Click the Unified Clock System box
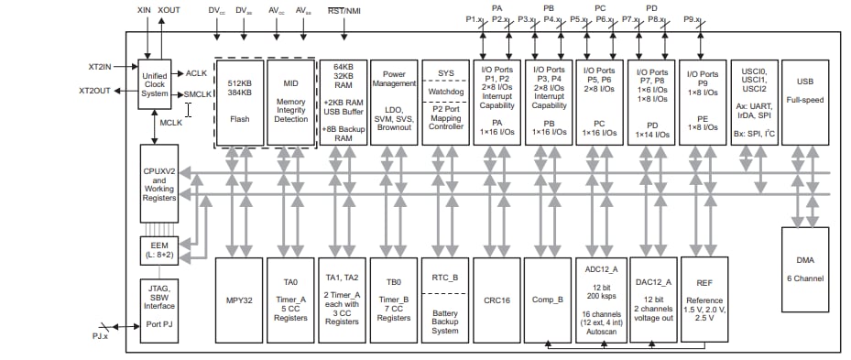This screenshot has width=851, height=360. pyautogui.click(x=156, y=83)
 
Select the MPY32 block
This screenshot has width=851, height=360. pyautogui.click(x=238, y=300)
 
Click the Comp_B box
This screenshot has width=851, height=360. pyautogui.click(x=548, y=300)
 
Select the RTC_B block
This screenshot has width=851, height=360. pyautogui.click(x=444, y=300)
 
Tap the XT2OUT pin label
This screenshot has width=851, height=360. pyautogui.click(x=95, y=91)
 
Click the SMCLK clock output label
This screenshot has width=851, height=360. pyautogui.click(x=197, y=93)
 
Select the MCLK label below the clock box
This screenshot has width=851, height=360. pyautogui.click(x=171, y=121)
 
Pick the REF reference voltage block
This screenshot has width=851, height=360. pyautogui.click(x=704, y=300)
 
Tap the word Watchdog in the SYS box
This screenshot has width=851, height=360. pyautogui.click(x=444, y=91)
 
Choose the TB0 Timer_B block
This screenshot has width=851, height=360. pyautogui.click(x=393, y=300)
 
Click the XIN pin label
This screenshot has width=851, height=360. pyautogui.click(x=145, y=9)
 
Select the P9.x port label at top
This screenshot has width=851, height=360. pyautogui.click(x=694, y=19)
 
